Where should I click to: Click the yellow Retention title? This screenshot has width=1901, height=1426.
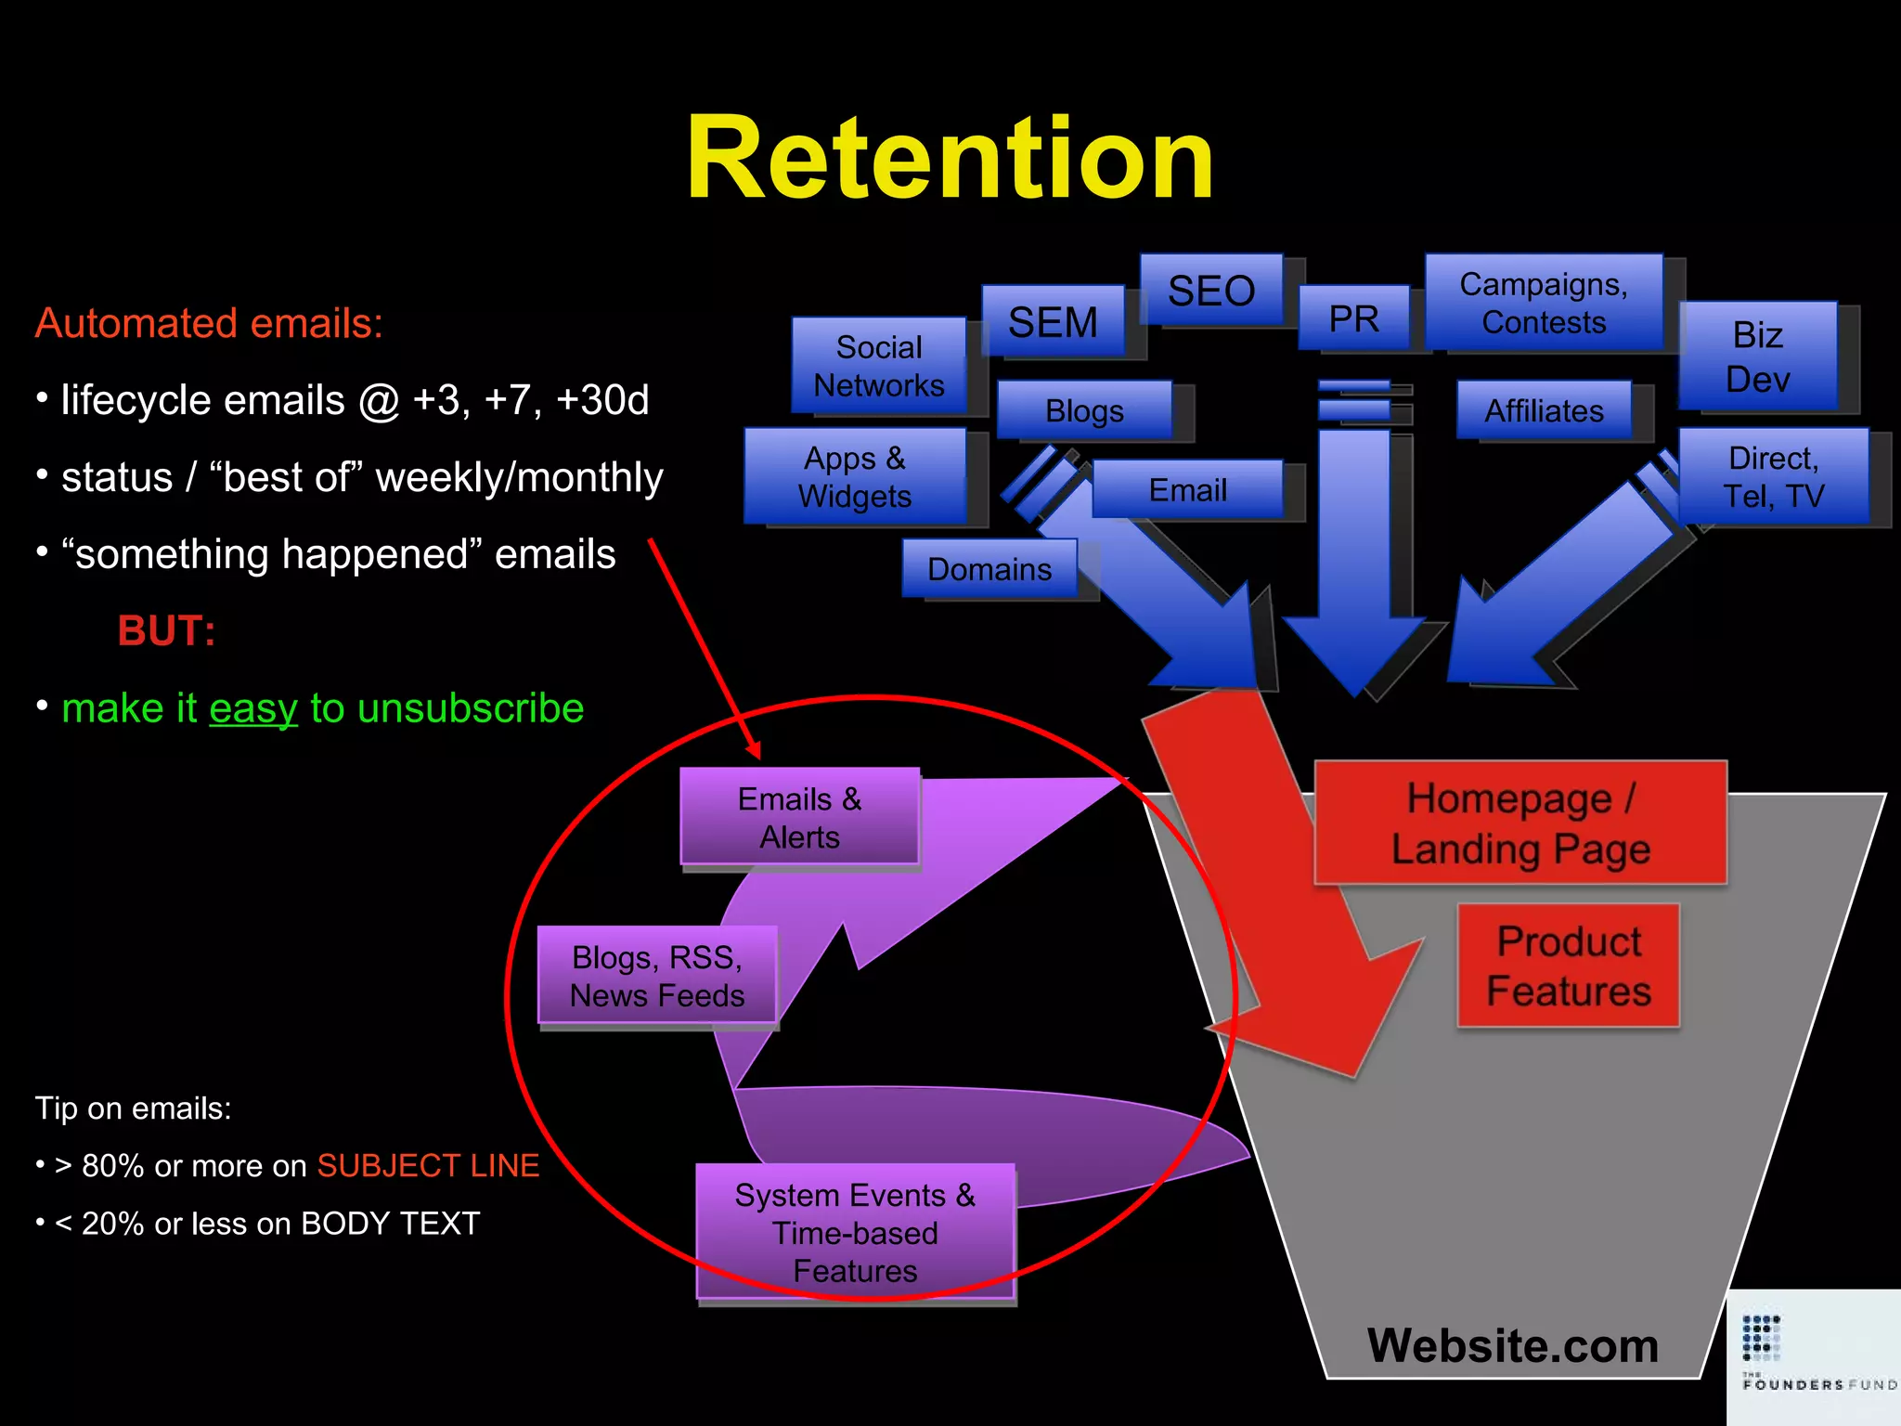click(950, 158)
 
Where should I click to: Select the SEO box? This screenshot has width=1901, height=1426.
click(1211, 291)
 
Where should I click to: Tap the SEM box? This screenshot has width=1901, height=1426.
click(1053, 322)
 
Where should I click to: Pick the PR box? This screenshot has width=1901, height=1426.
click(1353, 318)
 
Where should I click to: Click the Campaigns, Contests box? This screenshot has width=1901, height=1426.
click(1543, 303)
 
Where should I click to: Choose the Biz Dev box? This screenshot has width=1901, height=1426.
click(1757, 356)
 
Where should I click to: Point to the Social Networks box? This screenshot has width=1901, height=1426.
click(878, 366)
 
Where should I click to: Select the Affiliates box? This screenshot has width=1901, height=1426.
click(1544, 410)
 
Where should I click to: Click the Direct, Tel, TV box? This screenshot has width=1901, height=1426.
click(1773, 476)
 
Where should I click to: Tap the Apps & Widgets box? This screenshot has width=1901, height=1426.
click(854, 476)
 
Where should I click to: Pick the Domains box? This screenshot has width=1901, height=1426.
click(989, 568)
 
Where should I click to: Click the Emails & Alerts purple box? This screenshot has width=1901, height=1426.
click(799, 817)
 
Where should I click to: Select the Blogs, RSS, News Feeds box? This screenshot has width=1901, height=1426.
click(657, 976)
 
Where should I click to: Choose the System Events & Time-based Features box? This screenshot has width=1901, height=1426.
click(855, 1232)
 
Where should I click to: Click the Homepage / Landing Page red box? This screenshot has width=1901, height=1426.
click(1520, 823)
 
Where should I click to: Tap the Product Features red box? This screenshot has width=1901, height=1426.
click(1569, 966)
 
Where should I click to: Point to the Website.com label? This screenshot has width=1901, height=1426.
click(1512, 1345)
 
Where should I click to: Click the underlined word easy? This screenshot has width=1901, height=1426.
click(253, 708)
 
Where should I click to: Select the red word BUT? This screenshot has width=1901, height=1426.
click(167, 631)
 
